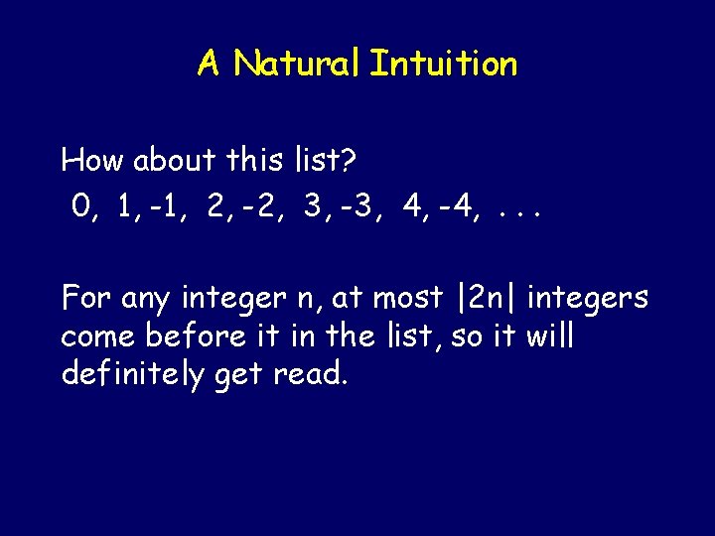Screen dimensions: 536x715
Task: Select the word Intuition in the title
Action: click(x=443, y=65)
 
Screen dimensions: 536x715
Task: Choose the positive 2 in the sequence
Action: click(x=214, y=206)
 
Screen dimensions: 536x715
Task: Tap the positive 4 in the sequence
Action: click(x=411, y=206)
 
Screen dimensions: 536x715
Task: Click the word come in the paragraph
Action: click(x=97, y=337)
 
